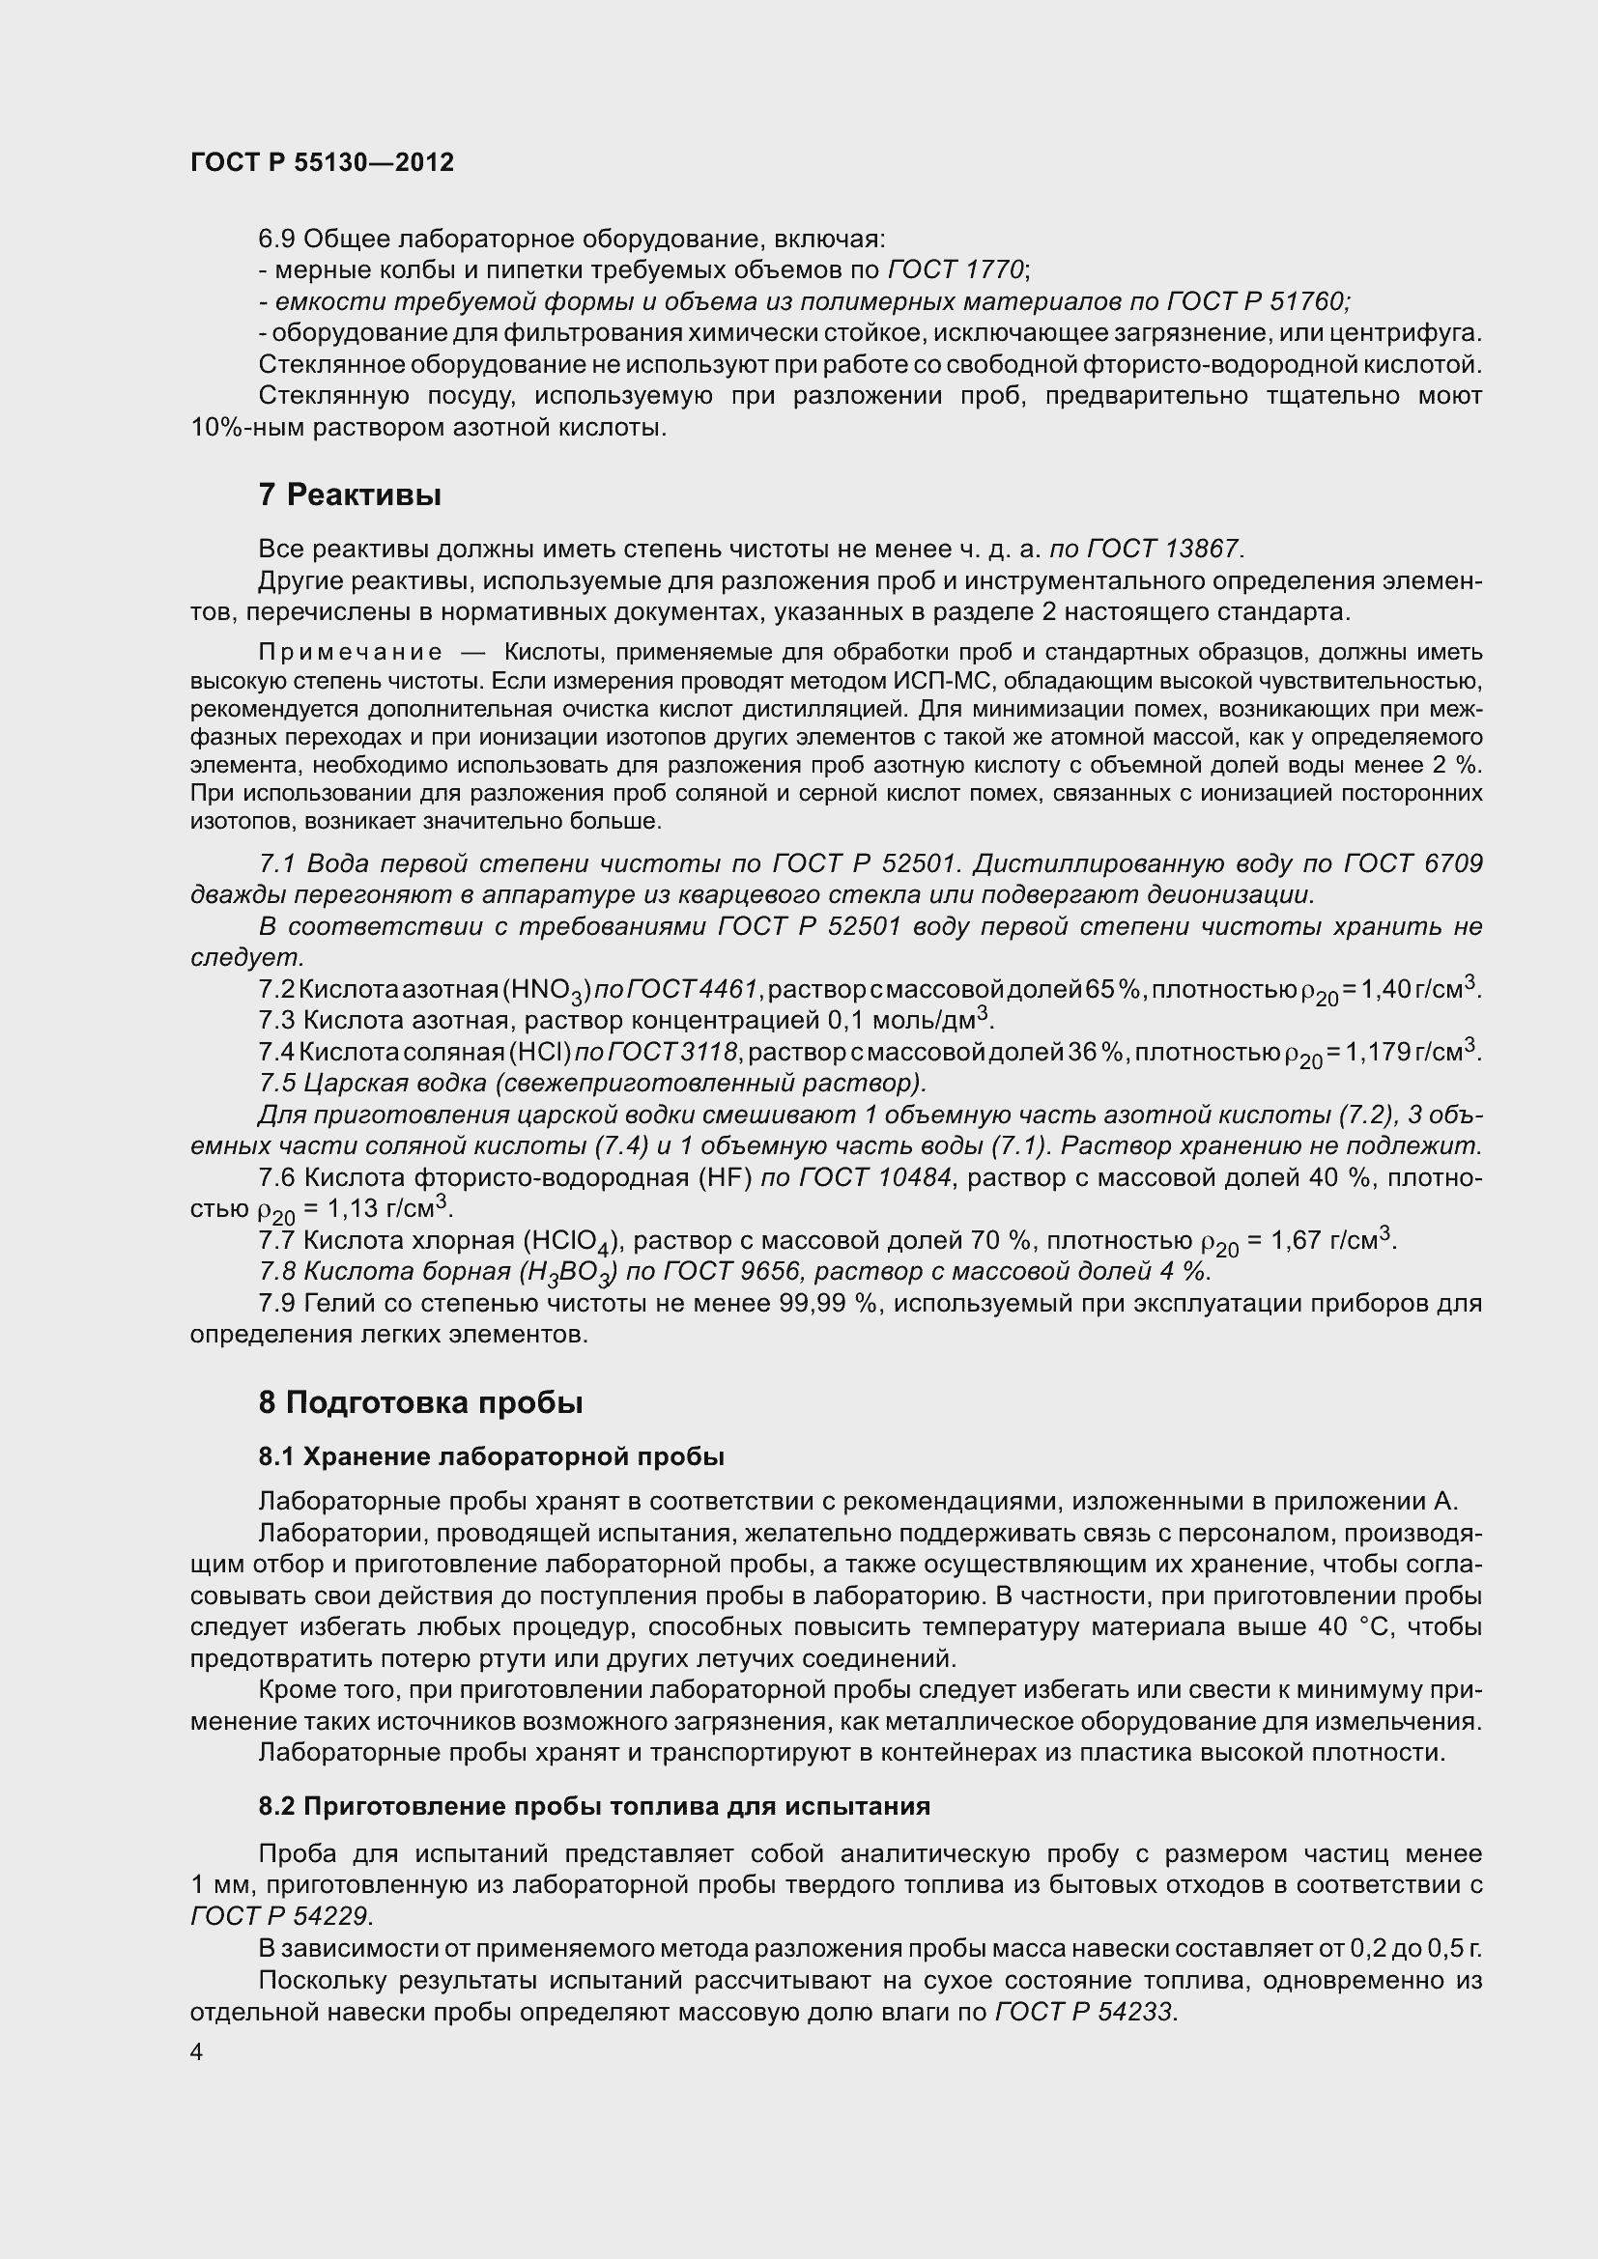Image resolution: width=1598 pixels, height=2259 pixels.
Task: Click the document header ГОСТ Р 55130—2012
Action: [322, 162]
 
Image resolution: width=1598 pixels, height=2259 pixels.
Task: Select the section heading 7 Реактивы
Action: [350, 495]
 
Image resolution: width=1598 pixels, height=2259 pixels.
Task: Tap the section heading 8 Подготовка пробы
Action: [420, 1402]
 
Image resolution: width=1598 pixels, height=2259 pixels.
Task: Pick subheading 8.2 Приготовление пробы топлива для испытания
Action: [594, 1806]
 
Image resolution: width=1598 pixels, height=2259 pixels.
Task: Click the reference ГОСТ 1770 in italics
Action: [956, 269]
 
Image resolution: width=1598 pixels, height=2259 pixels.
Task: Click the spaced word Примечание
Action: [350, 652]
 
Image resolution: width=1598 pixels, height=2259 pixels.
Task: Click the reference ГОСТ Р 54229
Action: [280, 1915]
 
